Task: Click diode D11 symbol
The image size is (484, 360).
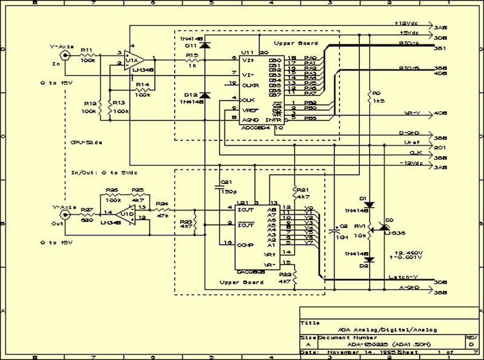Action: tap(204, 45)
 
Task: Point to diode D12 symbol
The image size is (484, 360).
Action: tap(204, 95)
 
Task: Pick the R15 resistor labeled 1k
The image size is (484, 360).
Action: tap(192, 59)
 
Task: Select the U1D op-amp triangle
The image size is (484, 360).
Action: tap(126, 214)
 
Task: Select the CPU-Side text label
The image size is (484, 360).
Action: tap(85, 143)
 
